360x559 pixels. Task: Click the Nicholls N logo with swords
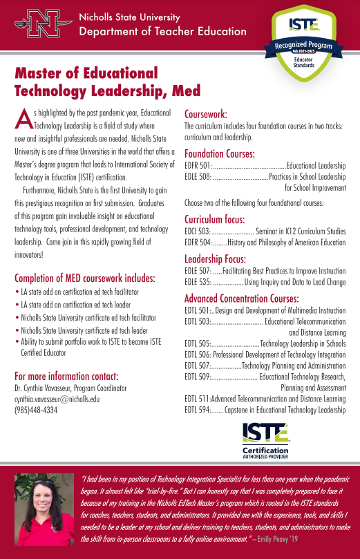click(x=39, y=24)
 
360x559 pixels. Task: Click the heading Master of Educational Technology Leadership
click(x=107, y=82)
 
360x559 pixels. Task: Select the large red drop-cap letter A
click(x=23, y=120)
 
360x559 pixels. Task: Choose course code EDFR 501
click(x=198, y=167)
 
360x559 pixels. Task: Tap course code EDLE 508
click(x=198, y=177)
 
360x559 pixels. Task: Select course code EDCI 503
click(x=197, y=231)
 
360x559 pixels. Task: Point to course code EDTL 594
click(x=198, y=410)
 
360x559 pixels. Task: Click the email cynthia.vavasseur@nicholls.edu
click(x=57, y=399)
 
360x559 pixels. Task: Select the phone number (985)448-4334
click(x=36, y=409)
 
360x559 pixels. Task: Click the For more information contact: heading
click(x=66, y=376)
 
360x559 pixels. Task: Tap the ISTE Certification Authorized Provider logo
click(x=265, y=439)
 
